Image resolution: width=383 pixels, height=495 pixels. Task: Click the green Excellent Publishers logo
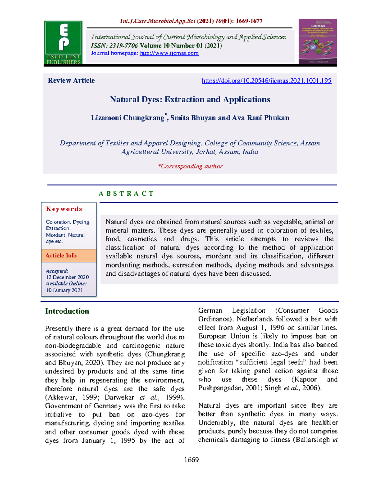[x=63, y=42]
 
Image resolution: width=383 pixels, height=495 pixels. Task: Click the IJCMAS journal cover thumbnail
[x=318, y=41]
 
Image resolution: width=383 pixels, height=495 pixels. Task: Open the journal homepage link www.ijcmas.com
[x=169, y=53]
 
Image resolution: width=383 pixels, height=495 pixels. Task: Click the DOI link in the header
[x=267, y=81]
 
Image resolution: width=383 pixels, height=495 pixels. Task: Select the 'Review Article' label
[x=71, y=81]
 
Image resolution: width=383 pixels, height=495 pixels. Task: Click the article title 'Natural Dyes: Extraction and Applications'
[x=190, y=99]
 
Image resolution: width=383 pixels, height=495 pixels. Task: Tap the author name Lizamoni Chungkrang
[x=127, y=118]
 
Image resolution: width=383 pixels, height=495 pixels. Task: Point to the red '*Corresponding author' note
[x=190, y=166]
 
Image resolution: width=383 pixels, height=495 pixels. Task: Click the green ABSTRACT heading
[x=126, y=193]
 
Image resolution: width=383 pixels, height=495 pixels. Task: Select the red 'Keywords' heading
[x=64, y=209]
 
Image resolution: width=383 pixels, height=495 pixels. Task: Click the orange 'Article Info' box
[x=69, y=256]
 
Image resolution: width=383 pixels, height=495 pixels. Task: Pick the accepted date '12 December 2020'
[x=67, y=277]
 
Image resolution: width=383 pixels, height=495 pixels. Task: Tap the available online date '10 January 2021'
[x=64, y=290]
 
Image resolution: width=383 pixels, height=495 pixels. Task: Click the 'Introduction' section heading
[x=67, y=311]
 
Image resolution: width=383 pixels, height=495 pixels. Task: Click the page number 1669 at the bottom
[x=191, y=460]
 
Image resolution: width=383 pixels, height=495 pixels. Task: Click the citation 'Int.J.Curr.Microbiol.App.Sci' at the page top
[x=158, y=21]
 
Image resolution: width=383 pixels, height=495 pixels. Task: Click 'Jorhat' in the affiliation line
[x=206, y=152]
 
